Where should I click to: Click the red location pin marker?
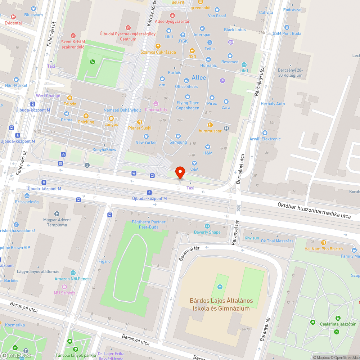pos(180,172)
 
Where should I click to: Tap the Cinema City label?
pos(156,109)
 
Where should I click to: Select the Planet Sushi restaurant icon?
pos(140,122)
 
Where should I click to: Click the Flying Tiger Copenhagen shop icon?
pos(188,97)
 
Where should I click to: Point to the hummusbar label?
pos(210,131)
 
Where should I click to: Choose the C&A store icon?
pos(194,163)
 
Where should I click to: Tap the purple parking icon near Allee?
pos(222,81)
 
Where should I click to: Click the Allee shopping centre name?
pos(199,78)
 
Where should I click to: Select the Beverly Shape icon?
pos(207,226)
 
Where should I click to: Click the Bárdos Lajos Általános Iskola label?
pos(221,305)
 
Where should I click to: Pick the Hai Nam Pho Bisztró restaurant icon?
pos(323,243)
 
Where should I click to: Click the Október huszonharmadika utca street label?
pos(314,210)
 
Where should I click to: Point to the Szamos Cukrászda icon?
pos(158,46)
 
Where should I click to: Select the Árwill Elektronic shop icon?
pos(265,133)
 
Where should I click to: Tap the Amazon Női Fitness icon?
pos(73,273)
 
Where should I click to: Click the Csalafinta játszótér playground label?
pos(338,324)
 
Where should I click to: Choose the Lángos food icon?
pos(111,118)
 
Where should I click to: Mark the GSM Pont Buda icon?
pos(287,27)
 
